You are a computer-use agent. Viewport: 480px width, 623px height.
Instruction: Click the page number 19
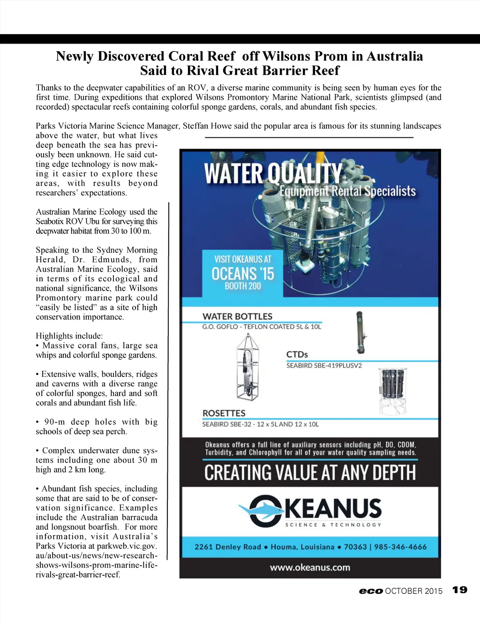point(460,590)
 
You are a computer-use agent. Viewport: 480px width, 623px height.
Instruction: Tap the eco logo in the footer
point(371,591)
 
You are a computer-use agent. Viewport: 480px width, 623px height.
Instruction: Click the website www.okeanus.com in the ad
point(310,567)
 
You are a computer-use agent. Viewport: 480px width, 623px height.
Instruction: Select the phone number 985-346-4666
point(404,547)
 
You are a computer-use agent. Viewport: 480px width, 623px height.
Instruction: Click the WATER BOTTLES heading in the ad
point(237,316)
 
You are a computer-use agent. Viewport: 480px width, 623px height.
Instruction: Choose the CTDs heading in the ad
point(297,354)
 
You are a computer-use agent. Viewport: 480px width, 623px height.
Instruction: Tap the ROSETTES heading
point(224,413)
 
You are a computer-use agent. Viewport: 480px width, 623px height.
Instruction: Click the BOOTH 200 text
point(242,286)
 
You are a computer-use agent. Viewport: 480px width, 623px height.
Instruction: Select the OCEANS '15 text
point(242,273)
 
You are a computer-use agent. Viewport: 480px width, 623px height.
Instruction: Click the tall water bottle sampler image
point(360,332)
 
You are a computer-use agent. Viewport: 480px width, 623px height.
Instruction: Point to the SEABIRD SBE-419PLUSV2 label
point(324,366)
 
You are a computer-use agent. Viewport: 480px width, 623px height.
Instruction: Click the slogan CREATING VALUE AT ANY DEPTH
point(310,473)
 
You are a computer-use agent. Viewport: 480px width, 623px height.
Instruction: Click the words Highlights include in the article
point(69,336)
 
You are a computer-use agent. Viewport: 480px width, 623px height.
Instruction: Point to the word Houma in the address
point(284,547)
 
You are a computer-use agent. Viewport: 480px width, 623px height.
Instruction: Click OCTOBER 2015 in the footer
point(413,591)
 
